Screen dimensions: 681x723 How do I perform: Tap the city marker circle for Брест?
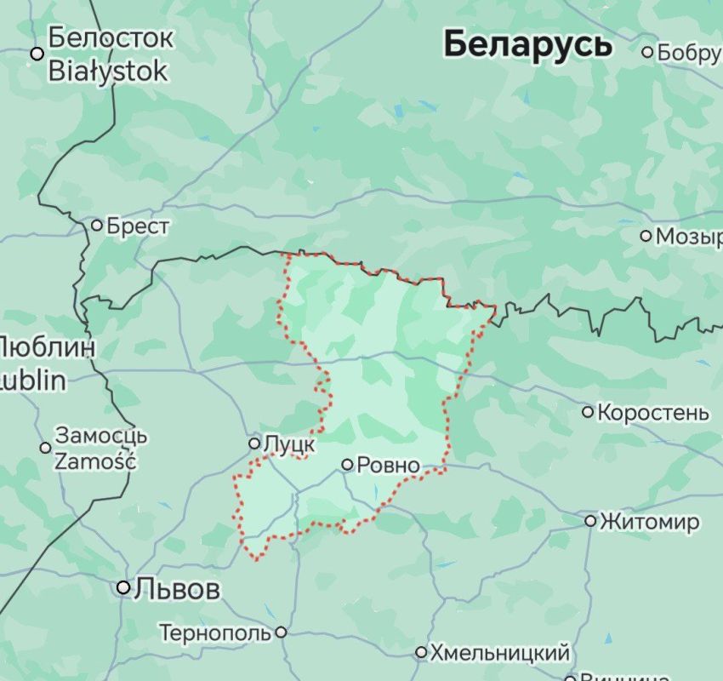pos(97,226)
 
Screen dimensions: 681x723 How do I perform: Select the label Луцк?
pos(290,444)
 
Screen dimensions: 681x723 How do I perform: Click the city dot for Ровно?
pos(347,465)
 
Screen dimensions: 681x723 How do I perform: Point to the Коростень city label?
pos(653,413)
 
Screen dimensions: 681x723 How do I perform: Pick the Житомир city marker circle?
pos(590,520)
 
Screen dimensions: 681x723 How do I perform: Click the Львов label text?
pos(179,588)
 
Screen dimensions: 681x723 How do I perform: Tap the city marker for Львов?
pos(124,587)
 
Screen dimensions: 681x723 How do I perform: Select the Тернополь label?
pos(215,632)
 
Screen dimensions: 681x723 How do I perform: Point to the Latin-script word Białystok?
pos(108,70)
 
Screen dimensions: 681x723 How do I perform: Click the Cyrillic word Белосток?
pos(111,38)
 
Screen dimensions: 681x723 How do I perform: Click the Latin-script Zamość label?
pos(95,461)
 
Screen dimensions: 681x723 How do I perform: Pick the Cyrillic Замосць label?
pos(101,436)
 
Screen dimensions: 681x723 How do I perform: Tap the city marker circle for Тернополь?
pos(281,632)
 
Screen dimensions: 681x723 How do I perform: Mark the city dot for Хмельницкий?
pos(421,653)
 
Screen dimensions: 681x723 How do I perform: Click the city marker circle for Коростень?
pos(588,413)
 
